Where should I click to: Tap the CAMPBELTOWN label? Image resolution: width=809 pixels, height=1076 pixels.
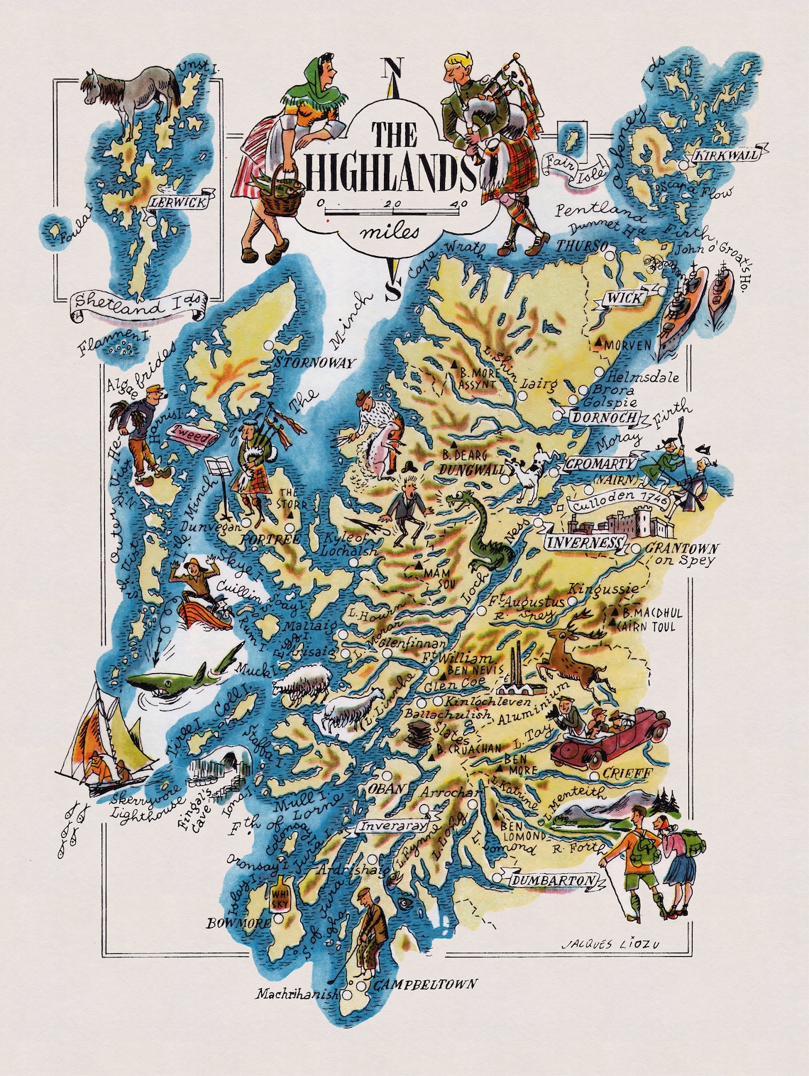pos(424,984)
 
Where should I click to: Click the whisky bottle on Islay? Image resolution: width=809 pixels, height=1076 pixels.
pos(277,895)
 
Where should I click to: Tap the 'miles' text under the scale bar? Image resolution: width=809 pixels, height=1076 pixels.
pos(390,231)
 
